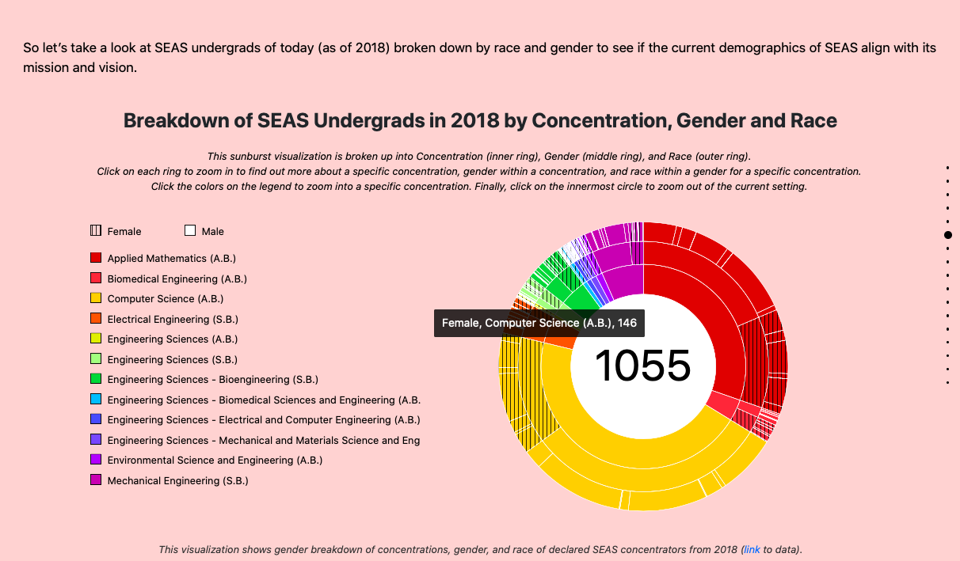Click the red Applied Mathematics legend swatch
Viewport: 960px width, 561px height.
pos(96,258)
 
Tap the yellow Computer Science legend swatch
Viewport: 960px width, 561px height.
pos(96,298)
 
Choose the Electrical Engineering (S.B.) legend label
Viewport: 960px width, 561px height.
pos(173,319)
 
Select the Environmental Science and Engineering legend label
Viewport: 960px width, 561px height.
pos(215,460)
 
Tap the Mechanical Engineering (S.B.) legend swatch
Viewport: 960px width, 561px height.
pos(96,480)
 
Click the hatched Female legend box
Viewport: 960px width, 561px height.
pos(96,231)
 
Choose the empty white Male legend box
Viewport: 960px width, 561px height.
pos(190,231)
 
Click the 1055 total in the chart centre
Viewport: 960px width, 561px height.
pos(642,366)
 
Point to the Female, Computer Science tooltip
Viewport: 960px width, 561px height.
pos(539,323)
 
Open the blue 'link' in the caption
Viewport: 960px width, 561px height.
pos(751,549)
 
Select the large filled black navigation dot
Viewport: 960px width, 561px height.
pos(947,235)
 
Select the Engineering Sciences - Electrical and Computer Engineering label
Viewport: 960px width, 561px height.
pos(264,419)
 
